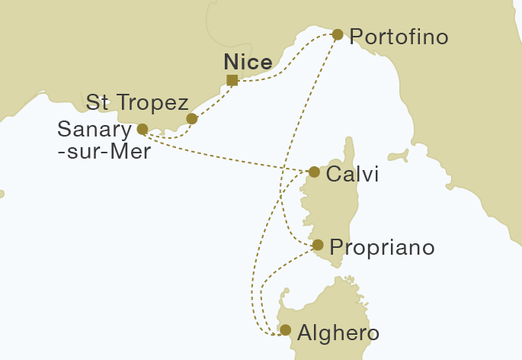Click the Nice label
248,63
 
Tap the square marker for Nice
232,80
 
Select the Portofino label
397,37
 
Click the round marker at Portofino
338,34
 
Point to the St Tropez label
137,102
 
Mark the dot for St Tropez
192,119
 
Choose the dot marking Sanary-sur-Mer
142,129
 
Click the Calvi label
352,175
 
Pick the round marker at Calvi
314,172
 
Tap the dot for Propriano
318,245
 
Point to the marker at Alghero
285,330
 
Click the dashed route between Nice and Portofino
290,65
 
